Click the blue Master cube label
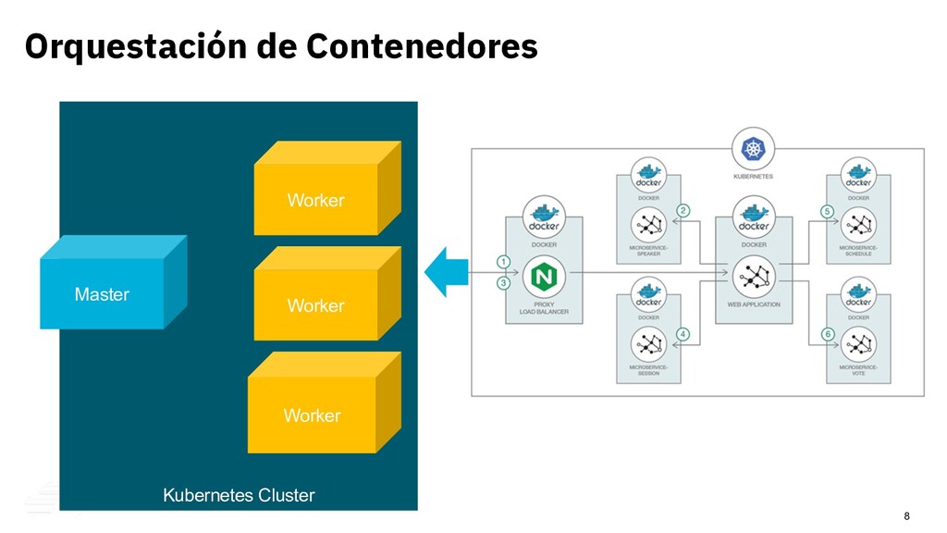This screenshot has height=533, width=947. tap(102, 294)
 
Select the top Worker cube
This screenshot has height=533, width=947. tap(315, 200)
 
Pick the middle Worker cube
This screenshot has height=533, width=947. tap(315, 305)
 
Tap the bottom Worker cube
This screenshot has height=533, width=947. tap(312, 415)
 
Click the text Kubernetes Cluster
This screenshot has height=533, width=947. tap(239, 495)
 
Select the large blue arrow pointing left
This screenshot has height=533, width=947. tap(448, 272)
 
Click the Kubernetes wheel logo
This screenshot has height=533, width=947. tap(753, 148)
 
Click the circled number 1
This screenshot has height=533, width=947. tap(503, 261)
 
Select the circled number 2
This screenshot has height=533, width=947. tap(683, 211)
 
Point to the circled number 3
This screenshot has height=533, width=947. tap(503, 282)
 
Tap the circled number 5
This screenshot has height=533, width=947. tap(827, 211)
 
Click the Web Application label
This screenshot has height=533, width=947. tap(754, 304)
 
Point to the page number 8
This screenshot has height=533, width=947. tap(906, 515)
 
